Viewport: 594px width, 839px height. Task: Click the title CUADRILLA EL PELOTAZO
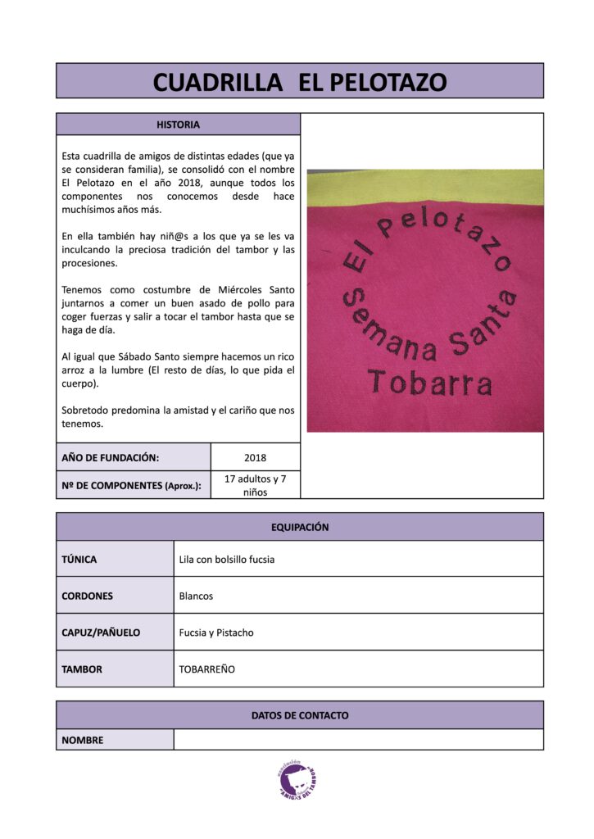(x=300, y=81)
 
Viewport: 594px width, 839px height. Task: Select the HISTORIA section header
(x=178, y=125)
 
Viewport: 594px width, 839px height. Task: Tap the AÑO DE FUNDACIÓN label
(x=111, y=457)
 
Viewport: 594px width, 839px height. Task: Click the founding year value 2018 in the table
(x=255, y=457)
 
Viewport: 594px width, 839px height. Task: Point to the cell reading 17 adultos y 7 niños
(x=255, y=485)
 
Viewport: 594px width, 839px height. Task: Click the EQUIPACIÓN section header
(x=300, y=527)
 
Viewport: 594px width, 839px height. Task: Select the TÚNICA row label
(x=79, y=560)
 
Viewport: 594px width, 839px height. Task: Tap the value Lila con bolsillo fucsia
(x=227, y=560)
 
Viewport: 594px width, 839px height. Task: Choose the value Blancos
(x=196, y=596)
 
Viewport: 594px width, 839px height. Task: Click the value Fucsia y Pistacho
(x=216, y=633)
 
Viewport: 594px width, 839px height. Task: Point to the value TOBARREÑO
(x=206, y=669)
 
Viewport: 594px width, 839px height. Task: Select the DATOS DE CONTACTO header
(x=300, y=715)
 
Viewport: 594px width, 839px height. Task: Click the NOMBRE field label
(x=83, y=740)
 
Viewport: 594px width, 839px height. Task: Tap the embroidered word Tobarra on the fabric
(x=429, y=383)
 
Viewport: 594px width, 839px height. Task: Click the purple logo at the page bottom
(x=297, y=778)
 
